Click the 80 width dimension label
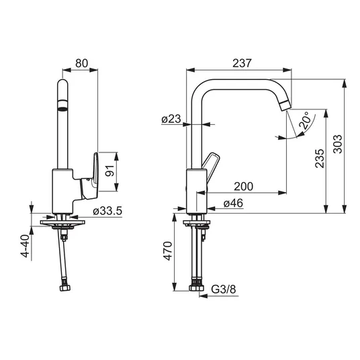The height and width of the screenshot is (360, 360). point(81,63)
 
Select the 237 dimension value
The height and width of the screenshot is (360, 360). point(242,63)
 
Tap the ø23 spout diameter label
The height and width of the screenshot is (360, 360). point(171,119)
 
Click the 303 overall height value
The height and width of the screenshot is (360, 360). point(337,144)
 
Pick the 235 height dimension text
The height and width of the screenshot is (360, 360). point(320,159)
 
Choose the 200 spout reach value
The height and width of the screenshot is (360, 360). point(243,187)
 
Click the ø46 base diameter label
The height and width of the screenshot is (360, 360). point(233,204)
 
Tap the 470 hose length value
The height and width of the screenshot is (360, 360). point(168,251)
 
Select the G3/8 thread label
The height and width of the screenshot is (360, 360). point(224,289)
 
